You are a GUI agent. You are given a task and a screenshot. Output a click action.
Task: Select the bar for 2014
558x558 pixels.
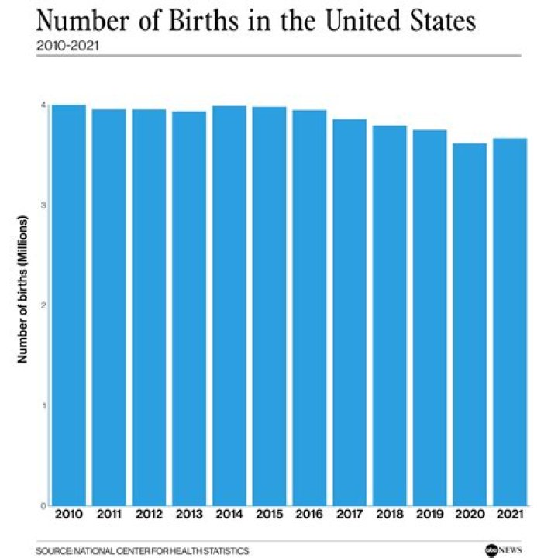point(229,305)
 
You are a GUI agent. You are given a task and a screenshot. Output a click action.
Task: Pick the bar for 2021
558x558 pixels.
point(510,322)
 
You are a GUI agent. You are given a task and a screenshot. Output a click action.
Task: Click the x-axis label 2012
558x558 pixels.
point(149,515)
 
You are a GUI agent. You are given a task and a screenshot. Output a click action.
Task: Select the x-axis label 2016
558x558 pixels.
point(309,515)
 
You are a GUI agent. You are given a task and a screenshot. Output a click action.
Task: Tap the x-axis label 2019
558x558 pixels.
point(429,515)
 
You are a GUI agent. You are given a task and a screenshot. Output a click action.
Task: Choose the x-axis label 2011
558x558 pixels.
point(108,515)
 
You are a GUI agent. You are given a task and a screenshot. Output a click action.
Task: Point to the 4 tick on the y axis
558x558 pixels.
point(44,105)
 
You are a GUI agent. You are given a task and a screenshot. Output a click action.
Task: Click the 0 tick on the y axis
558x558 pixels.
point(44,505)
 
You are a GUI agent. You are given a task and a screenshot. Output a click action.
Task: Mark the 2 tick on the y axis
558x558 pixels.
point(44,305)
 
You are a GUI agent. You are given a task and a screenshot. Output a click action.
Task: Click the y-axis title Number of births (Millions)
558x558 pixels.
point(22,305)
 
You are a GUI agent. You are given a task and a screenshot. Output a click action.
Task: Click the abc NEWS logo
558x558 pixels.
point(503,549)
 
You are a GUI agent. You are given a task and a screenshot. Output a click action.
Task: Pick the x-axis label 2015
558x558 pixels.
point(269,515)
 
